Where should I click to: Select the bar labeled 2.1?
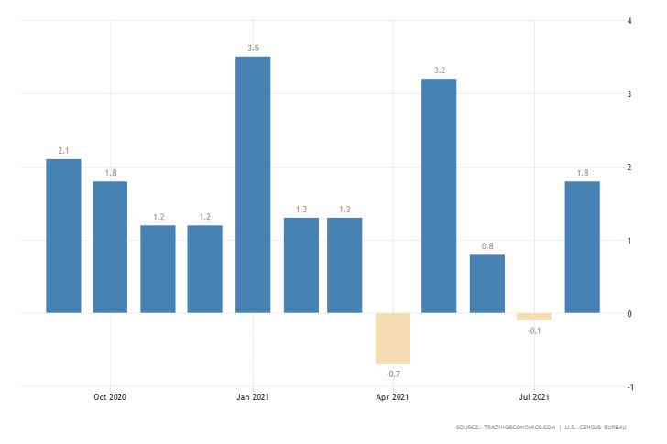pyautogui.click(x=63, y=236)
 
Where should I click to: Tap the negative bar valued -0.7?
pyautogui.click(x=393, y=339)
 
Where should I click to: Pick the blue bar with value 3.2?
pyautogui.click(x=439, y=196)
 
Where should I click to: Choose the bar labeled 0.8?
pyautogui.click(x=487, y=284)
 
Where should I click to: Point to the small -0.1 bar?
pyautogui.click(x=534, y=317)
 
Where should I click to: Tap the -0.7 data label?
pyautogui.click(x=392, y=373)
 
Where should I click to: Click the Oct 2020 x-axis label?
pyautogui.click(x=110, y=396)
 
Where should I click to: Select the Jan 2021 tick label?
pyautogui.click(x=252, y=396)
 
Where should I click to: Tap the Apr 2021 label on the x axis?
pyautogui.click(x=393, y=396)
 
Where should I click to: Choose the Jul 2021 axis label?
pyautogui.click(x=534, y=396)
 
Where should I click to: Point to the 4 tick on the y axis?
pyautogui.click(x=629, y=20)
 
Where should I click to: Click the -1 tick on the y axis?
pyautogui.click(x=628, y=387)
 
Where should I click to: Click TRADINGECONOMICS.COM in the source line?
pyautogui.click(x=519, y=428)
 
